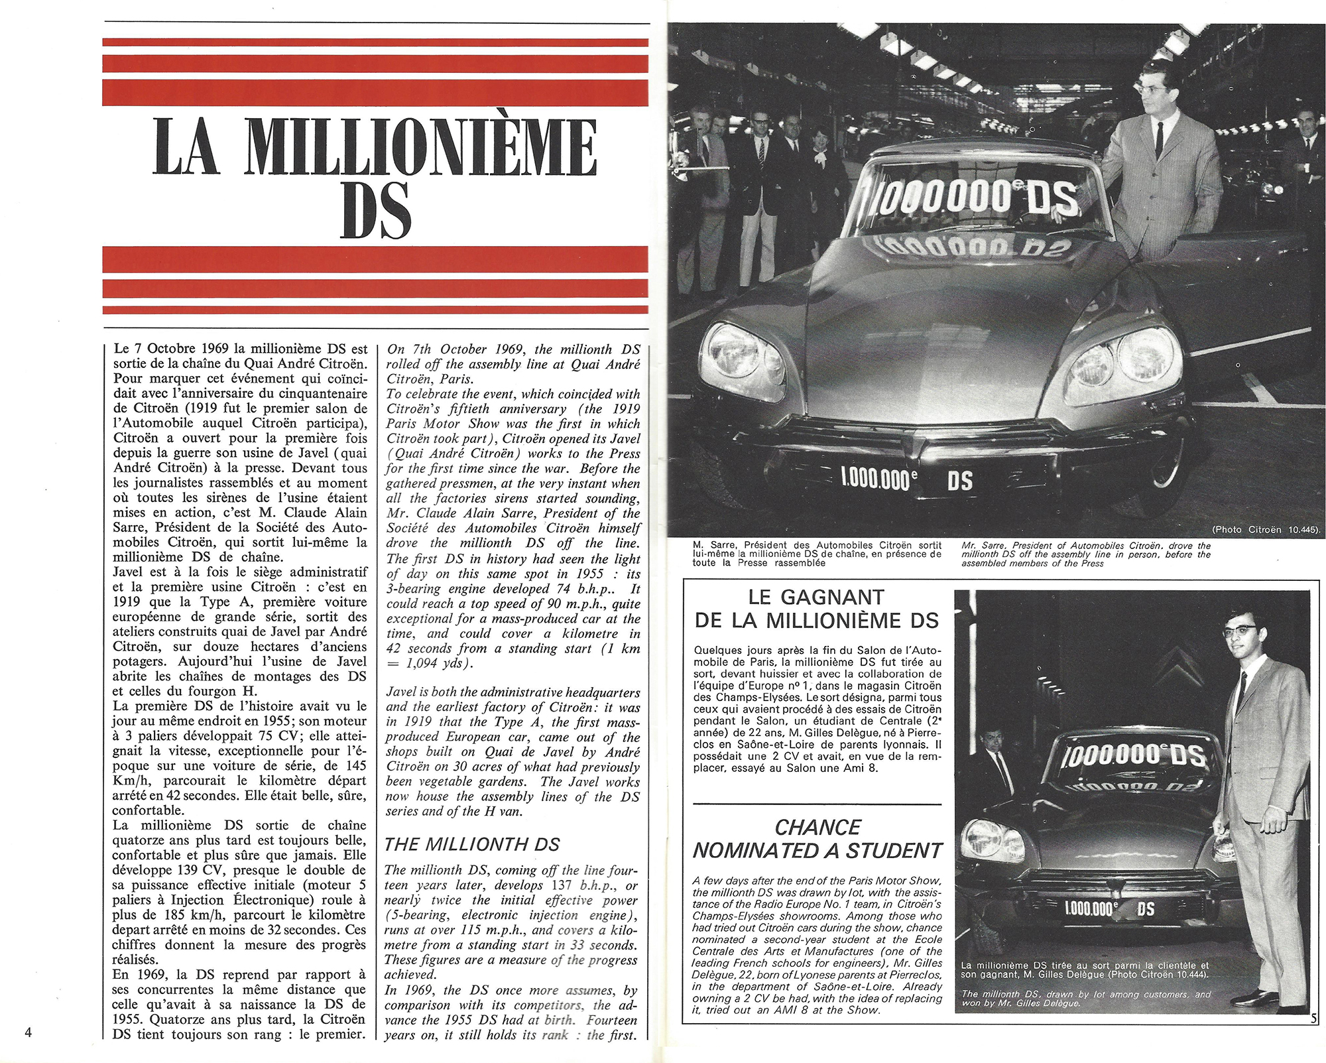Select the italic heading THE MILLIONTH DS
[472, 844]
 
